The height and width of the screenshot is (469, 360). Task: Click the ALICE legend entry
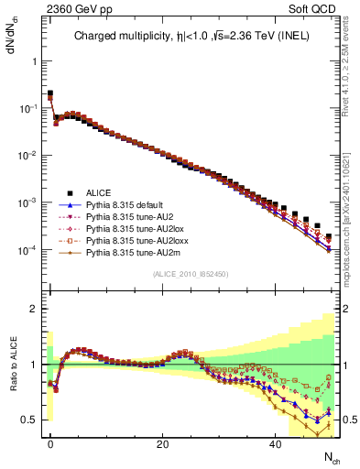click(x=98, y=192)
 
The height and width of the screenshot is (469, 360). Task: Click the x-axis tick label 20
click(x=162, y=444)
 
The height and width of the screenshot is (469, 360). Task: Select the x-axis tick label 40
click(x=275, y=444)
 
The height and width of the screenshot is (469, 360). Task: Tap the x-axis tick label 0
click(x=50, y=444)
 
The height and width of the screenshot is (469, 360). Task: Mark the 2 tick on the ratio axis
click(x=32, y=309)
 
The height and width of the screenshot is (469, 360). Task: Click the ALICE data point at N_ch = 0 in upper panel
click(x=50, y=93)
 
